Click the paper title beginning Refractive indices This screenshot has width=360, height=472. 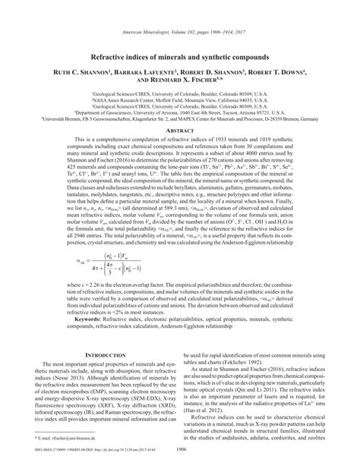(180, 36)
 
